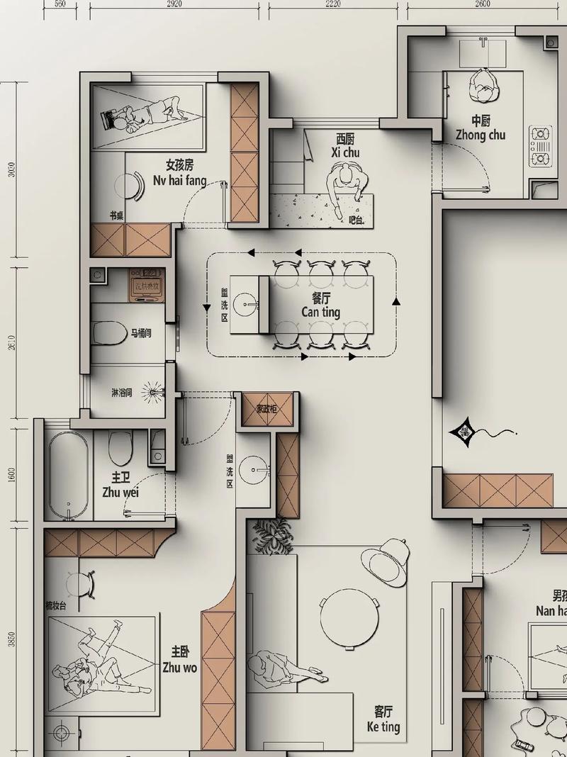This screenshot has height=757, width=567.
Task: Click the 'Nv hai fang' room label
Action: click(x=180, y=180)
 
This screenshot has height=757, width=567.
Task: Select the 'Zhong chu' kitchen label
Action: click(x=481, y=135)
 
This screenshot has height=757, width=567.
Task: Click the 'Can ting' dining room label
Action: click(x=320, y=312)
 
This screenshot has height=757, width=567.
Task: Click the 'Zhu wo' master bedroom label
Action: click(x=180, y=667)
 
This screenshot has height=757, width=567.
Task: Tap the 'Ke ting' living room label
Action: click(x=383, y=727)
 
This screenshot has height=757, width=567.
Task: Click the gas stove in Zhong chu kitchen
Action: click(x=541, y=146)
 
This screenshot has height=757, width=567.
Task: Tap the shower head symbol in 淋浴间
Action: click(x=152, y=391)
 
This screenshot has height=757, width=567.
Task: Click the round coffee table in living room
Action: click(x=348, y=621)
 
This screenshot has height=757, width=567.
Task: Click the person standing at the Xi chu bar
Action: click(x=345, y=186)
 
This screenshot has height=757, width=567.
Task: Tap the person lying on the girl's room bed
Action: click(x=142, y=116)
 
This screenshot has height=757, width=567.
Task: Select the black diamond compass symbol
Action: click(x=464, y=432)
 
